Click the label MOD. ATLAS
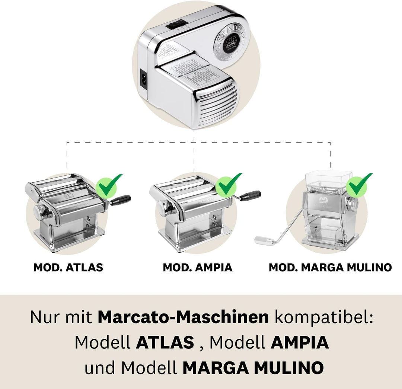[68, 267]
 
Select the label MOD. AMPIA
[197, 267]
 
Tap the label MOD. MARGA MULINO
[330, 267]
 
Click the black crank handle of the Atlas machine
[121, 200]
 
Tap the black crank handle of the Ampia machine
[251, 195]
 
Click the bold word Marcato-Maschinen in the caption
[183, 317]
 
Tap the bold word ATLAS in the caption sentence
[165, 342]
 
